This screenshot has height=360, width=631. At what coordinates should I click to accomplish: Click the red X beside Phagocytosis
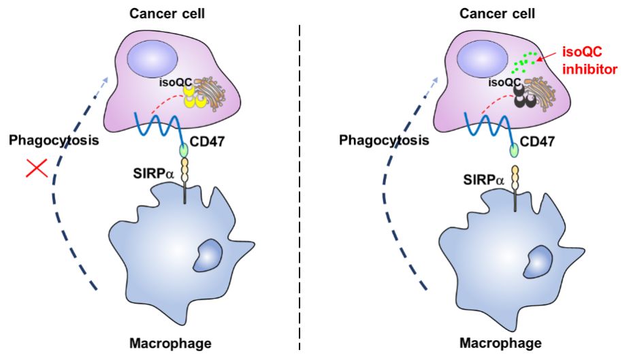pyautogui.click(x=36, y=167)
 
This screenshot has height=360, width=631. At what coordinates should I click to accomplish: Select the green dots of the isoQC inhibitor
pyautogui.click(x=523, y=64)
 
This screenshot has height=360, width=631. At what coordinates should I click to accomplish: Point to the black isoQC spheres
pyautogui.click(x=524, y=99)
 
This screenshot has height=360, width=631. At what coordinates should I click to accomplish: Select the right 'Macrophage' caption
pyautogui.click(x=501, y=343)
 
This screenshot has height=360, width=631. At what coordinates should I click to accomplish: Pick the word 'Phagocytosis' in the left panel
pyautogui.click(x=50, y=140)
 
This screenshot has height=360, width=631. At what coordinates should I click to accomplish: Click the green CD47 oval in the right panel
pyautogui.click(x=515, y=150)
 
